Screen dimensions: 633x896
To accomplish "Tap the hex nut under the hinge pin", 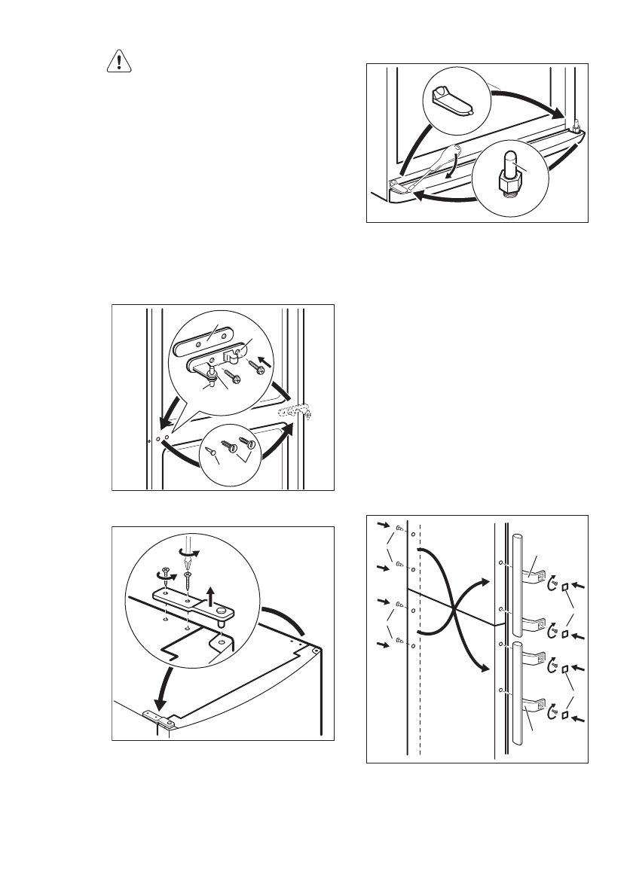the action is [x=509, y=181].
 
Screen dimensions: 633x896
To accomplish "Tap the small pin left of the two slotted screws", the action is [x=213, y=451].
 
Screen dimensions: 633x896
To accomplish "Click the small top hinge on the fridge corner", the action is [x=161, y=719].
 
